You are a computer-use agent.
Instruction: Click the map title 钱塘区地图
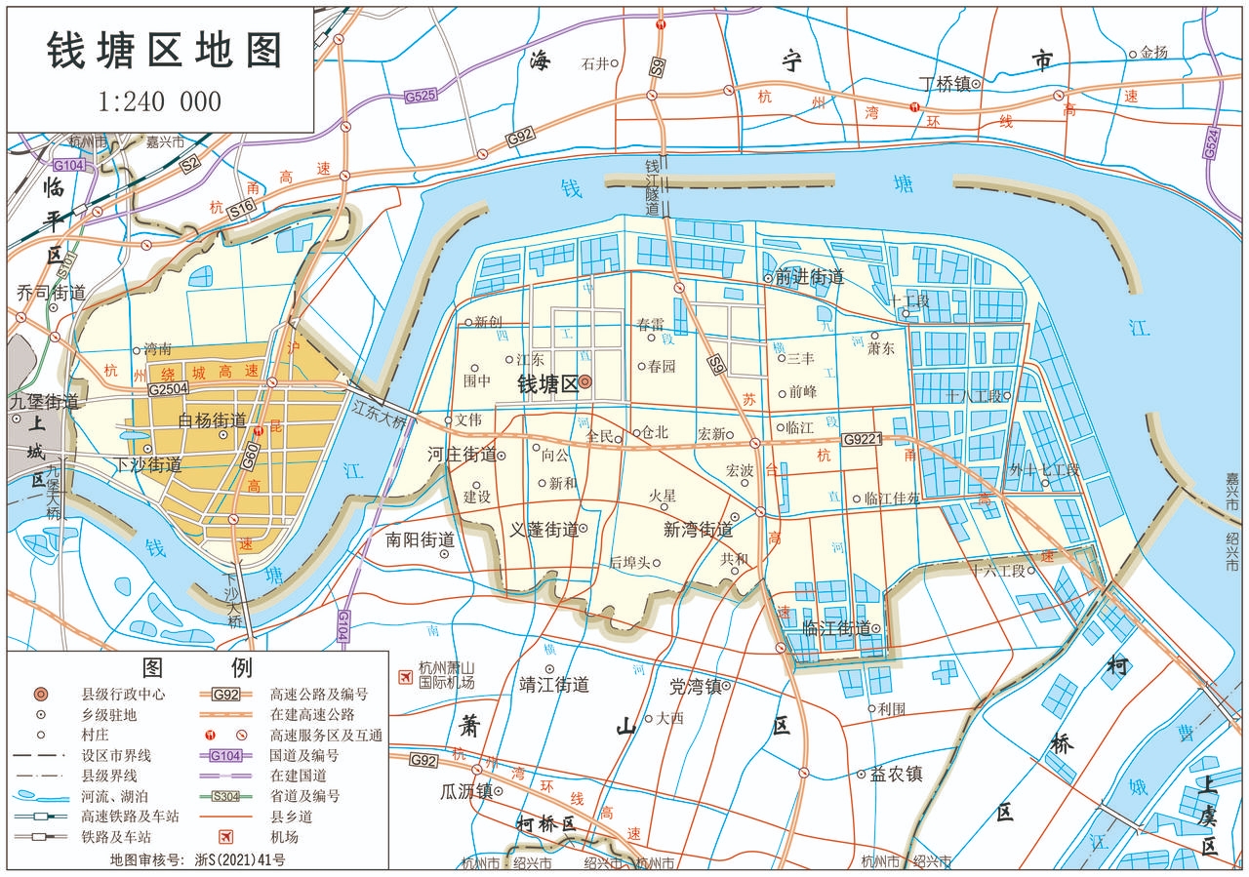click(x=164, y=52)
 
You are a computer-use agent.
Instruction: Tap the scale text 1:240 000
click(x=160, y=101)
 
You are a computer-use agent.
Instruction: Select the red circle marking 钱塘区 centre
click(x=584, y=382)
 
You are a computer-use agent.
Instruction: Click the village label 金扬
click(x=1153, y=53)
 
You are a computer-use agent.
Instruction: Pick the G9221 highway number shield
click(x=862, y=439)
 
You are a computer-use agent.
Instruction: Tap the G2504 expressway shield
click(x=169, y=388)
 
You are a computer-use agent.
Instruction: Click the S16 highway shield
click(x=241, y=207)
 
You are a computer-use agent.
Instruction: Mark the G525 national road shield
click(x=420, y=96)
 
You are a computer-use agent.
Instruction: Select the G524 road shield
click(x=1211, y=143)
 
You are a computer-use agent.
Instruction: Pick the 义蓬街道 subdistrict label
click(x=544, y=530)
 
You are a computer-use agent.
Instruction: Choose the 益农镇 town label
click(x=896, y=774)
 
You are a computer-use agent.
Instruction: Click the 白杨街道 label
click(x=213, y=420)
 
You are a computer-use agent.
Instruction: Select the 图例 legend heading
click(x=197, y=668)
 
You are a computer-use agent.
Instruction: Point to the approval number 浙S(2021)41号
click(x=240, y=860)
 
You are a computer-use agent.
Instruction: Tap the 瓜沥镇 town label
click(x=465, y=790)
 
